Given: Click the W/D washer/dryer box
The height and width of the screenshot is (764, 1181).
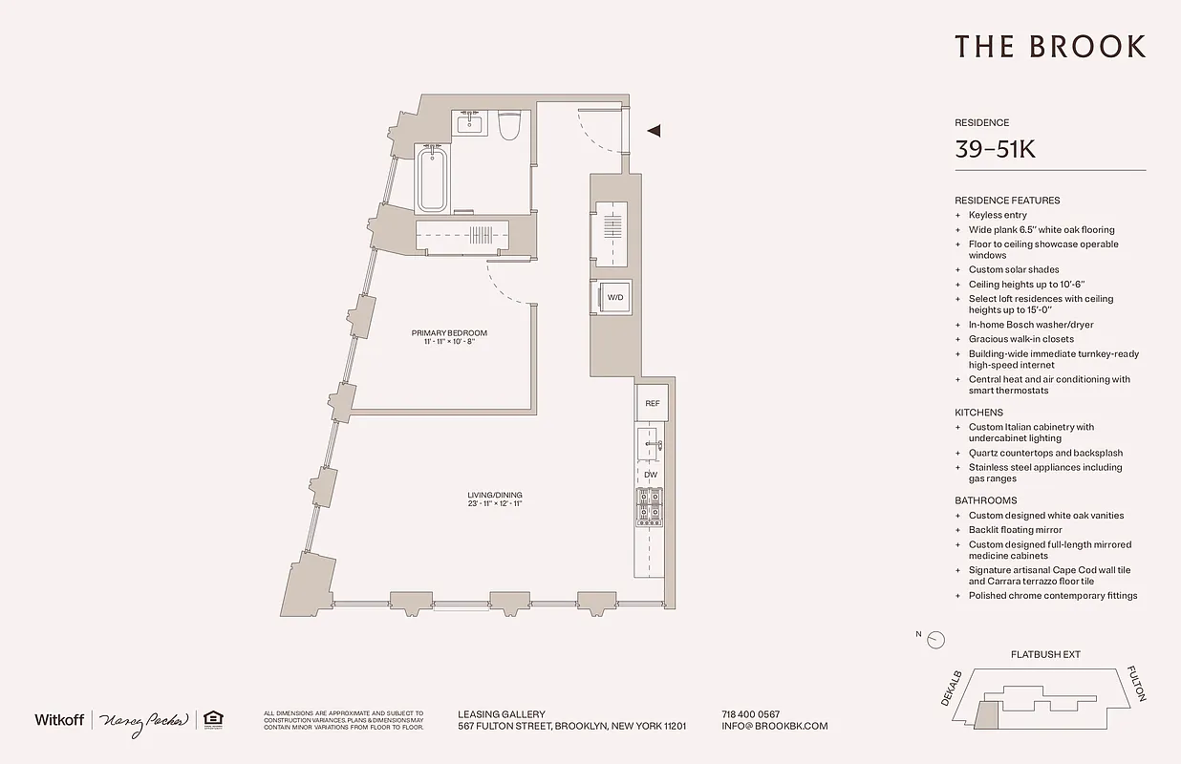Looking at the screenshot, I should (x=615, y=297).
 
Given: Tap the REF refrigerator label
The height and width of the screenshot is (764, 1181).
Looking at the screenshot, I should (x=653, y=403).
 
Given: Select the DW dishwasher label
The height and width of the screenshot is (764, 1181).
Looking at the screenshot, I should (x=651, y=475).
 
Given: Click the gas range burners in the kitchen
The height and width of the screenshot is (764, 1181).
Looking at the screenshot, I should (x=651, y=506).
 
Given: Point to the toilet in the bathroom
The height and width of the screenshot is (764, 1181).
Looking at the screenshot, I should (x=509, y=124).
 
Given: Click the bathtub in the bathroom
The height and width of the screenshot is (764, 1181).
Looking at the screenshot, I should (x=432, y=179).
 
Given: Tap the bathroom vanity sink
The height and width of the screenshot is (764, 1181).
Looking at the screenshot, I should (x=470, y=123).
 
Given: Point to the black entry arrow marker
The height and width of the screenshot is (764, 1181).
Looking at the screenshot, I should (x=654, y=131).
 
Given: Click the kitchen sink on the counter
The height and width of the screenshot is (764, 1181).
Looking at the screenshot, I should (x=651, y=444).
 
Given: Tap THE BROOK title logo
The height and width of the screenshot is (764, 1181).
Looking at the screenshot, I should (x=1050, y=46).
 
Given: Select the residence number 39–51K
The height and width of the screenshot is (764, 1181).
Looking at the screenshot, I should (x=995, y=149).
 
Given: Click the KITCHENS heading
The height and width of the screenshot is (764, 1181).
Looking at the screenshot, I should (x=978, y=413).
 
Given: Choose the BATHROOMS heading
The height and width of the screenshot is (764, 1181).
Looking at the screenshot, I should (x=985, y=500).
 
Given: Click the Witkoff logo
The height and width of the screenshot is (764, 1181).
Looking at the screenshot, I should (x=59, y=720).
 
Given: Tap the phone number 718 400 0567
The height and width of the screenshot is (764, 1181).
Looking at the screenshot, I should (x=751, y=714).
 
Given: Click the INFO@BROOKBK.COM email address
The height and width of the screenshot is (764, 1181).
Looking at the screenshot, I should (x=775, y=726).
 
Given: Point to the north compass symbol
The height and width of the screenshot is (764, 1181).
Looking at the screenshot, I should (x=935, y=640).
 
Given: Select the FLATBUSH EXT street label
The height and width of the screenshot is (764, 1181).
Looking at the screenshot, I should (x=1045, y=655).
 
